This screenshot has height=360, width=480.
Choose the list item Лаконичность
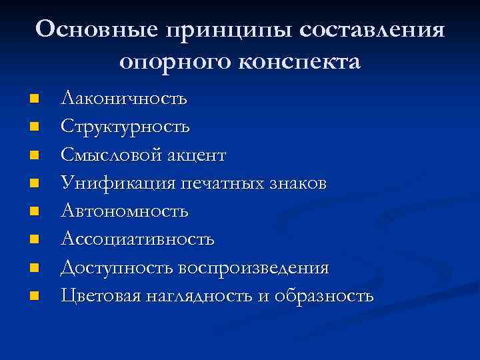[124, 99]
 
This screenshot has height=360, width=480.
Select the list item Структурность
[125, 127]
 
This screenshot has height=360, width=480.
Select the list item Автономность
[125, 211]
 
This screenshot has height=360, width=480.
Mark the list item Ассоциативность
[137, 239]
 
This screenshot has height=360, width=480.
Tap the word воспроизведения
[253, 268]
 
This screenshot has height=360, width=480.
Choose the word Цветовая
[100, 295]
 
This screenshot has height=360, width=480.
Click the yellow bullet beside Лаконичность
[35, 99]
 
